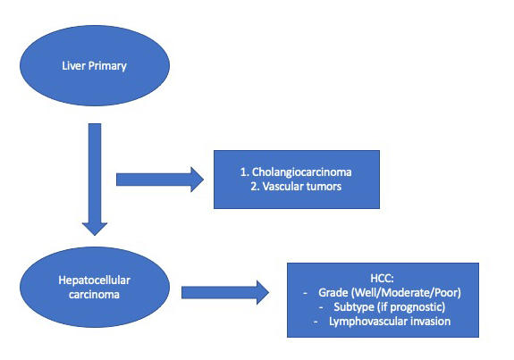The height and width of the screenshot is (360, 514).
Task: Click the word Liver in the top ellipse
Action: [x=74, y=65]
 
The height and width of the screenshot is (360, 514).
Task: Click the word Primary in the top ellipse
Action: [x=107, y=66]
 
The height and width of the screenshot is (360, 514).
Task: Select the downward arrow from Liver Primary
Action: [x=95, y=180]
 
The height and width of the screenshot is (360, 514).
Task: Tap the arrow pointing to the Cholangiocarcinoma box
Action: [x=160, y=180]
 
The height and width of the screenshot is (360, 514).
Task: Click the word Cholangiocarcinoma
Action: [x=301, y=172]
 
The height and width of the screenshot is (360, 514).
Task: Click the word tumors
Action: [x=324, y=187]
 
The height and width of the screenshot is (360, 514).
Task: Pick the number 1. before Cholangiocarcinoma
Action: [x=245, y=172]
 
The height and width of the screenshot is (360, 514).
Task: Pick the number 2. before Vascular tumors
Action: [x=255, y=187]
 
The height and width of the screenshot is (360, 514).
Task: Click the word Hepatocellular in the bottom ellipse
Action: [x=95, y=280]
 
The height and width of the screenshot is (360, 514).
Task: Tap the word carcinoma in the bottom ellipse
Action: [x=94, y=295]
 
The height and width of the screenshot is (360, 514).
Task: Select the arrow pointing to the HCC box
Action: [x=225, y=292]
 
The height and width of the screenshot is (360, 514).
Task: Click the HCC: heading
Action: [x=382, y=278]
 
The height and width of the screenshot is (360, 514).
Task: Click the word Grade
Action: [x=333, y=292]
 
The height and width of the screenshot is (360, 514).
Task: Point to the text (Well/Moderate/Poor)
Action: [x=406, y=292]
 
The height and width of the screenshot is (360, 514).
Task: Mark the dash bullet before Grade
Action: [x=305, y=293]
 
